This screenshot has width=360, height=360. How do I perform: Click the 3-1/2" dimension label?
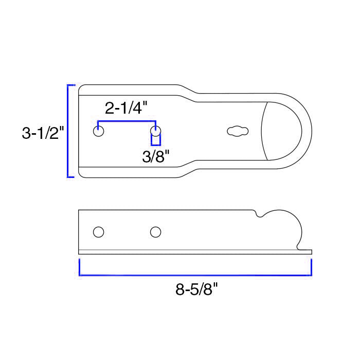point(43,133)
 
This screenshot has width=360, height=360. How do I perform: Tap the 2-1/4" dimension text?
point(126,108)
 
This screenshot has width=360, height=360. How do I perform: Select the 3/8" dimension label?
point(156,156)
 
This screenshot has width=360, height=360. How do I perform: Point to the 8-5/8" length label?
point(196,289)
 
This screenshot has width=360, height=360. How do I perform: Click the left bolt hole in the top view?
point(99,131)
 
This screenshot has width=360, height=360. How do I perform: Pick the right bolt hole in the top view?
point(155,131)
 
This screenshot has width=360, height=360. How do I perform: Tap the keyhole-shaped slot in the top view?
point(238,131)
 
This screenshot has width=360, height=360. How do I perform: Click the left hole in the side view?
point(99,232)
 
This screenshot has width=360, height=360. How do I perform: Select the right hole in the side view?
point(155,232)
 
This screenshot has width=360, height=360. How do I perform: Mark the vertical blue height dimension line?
point(68,131)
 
